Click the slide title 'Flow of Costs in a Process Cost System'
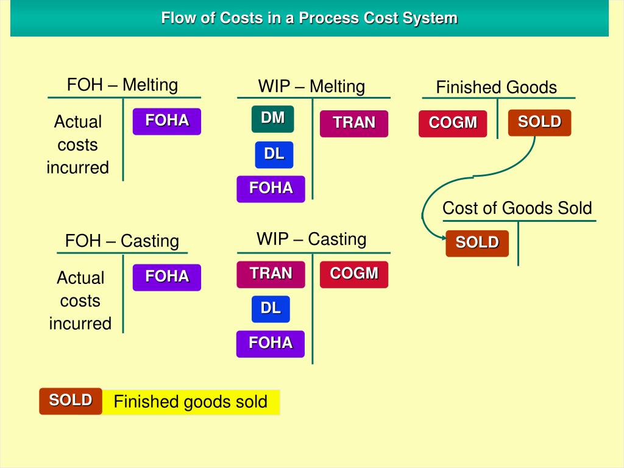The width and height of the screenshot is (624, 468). (309, 18)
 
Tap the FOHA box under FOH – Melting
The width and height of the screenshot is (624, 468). (166, 121)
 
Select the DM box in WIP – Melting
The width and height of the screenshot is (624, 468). (272, 119)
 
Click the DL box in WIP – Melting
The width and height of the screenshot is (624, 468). (274, 155)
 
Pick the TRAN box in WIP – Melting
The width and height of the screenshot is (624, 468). (353, 123)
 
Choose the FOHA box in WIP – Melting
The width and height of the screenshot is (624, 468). (271, 189)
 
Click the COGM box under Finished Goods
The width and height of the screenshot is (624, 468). (452, 123)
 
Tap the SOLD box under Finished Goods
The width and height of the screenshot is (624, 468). (539, 122)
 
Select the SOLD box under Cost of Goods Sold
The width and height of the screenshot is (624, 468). (477, 243)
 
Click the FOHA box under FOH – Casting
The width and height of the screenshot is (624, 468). (166, 277)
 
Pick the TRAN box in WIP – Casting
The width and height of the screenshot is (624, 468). (271, 274)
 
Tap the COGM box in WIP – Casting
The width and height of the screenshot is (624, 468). (353, 274)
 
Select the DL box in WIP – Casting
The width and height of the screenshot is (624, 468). (271, 310)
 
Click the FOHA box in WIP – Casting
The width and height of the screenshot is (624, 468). (270, 344)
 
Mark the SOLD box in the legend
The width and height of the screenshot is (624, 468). (70, 401)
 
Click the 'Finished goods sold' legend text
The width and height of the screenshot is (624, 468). (191, 402)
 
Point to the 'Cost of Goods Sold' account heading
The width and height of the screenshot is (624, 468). (517, 208)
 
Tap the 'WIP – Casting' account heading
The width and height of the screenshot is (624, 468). (311, 239)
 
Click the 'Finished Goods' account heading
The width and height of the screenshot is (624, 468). (496, 87)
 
